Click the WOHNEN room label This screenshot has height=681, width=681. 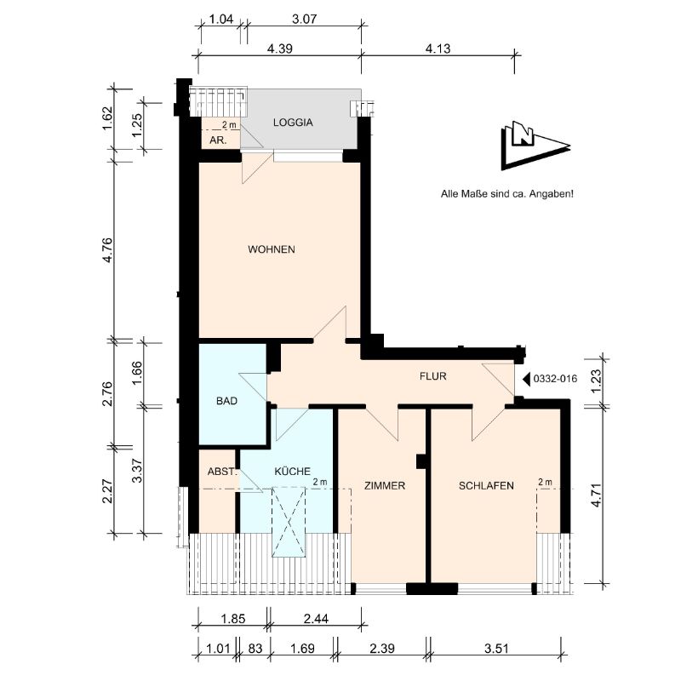tap(272, 249)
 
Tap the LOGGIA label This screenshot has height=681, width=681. tap(293, 123)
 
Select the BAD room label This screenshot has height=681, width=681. tap(226, 401)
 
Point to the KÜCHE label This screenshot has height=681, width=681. tap(292, 471)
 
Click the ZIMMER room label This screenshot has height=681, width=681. tap(385, 485)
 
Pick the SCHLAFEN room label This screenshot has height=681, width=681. tap(486, 485)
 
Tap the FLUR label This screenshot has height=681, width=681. tap(433, 376)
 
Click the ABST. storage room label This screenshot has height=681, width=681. tap(222, 472)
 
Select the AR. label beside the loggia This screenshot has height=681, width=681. tap(218, 140)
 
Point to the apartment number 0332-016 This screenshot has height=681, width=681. tap(555, 379)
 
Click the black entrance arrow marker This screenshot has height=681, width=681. tap(526, 379)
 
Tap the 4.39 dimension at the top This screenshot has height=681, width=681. tap(280, 49)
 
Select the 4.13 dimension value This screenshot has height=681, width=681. tap(438, 49)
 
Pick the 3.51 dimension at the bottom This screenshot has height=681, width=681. tap(496, 649)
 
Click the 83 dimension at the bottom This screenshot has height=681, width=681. tap(255, 649)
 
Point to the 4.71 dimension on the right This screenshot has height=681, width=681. tap(596, 495)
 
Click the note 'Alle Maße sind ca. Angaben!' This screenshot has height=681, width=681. tap(506, 194)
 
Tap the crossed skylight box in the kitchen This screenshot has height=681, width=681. tap(289, 522)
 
